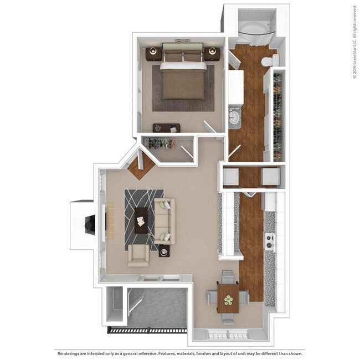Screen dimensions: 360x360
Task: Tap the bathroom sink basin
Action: (x=234, y=117)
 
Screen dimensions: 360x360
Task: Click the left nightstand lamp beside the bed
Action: (x=153, y=51)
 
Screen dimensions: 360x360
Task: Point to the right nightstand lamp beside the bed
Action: (x=212, y=51)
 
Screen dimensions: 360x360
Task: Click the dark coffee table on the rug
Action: (x=141, y=220)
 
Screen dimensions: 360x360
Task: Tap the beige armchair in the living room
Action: (x=138, y=255)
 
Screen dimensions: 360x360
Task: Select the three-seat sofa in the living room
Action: (x=164, y=221)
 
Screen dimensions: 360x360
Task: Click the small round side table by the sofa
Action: (x=164, y=251)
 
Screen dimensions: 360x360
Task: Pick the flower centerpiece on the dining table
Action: (x=228, y=300)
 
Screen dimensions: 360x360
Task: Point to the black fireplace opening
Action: (x=90, y=224)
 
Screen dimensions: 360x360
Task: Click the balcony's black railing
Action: (x=147, y=331)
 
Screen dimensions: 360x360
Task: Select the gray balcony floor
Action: (x=158, y=307)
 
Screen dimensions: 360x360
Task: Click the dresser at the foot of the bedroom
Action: (x=167, y=128)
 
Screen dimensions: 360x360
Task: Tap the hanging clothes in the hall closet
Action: (x=161, y=143)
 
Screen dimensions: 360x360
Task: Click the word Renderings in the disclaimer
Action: (x=68, y=353)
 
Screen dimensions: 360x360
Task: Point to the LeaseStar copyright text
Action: (x=355, y=42)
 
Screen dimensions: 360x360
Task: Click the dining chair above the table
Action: (x=228, y=277)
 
